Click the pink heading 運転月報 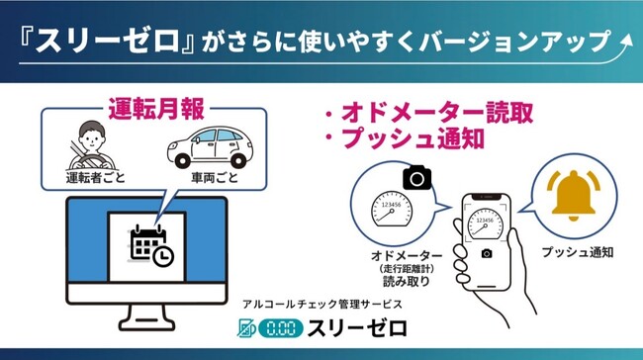[x=156, y=110]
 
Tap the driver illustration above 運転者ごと [x=91, y=145]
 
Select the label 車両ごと [x=215, y=178]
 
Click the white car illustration [x=210, y=147]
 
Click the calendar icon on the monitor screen [x=151, y=246]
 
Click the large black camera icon [x=417, y=178]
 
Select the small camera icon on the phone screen [x=487, y=254]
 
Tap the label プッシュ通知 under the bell [x=578, y=252]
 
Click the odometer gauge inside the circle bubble [x=391, y=209]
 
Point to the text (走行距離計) [x=407, y=269]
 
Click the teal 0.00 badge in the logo [x=281, y=328]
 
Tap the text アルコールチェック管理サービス [x=322, y=305]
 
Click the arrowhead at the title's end [x=627, y=40]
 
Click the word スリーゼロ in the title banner [x=108, y=41]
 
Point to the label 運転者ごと [x=96, y=178]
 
